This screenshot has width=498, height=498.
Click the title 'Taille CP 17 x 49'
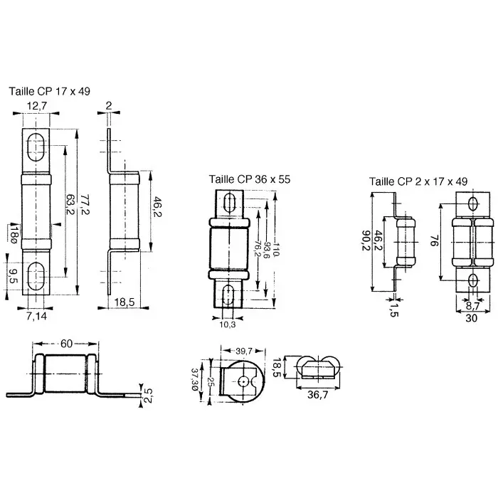click(x=49, y=91)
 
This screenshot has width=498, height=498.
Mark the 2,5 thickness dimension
click(x=147, y=393)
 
